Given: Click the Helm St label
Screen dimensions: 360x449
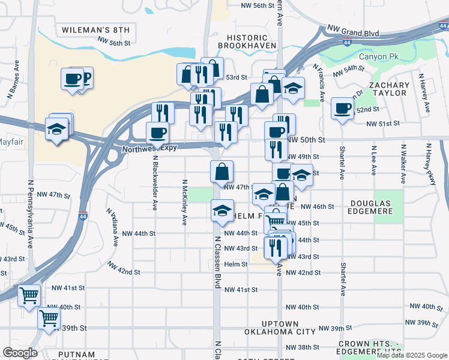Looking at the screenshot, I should click(x=236, y=264).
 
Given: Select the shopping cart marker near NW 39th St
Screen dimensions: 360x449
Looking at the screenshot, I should click(x=49, y=318).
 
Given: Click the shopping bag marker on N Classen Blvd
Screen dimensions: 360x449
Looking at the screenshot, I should click(x=221, y=172).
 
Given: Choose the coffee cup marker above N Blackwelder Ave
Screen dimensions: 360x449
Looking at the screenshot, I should click(x=158, y=133).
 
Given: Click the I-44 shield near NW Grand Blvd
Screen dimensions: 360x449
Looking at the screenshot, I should click(x=348, y=42).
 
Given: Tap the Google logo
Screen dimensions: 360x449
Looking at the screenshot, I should click(x=20, y=353).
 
